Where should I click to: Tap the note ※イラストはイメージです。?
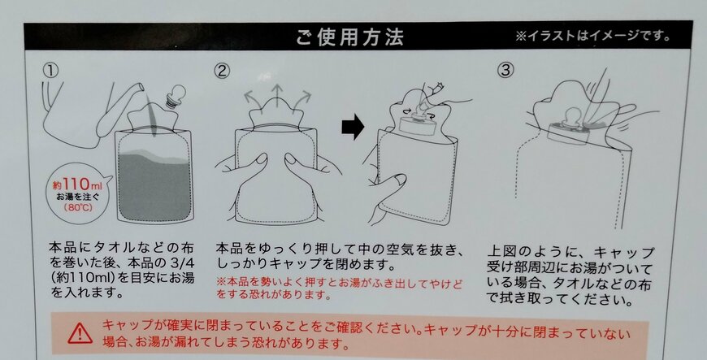[x=592, y=36]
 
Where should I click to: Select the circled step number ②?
[x=222, y=71]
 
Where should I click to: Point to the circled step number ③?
[x=505, y=71]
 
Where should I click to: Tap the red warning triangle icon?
[x=80, y=332]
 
